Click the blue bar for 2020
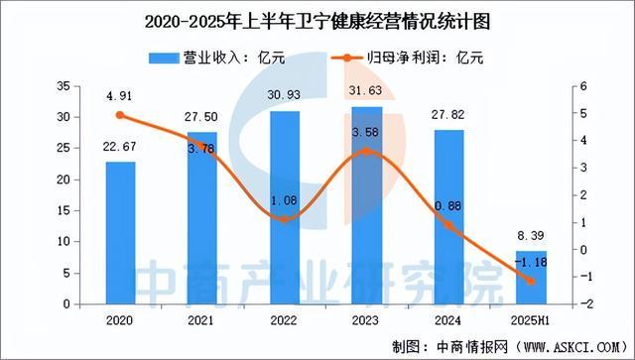[121, 233]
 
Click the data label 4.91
[121, 97]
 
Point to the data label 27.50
[202, 117]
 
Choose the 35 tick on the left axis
[63, 87]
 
